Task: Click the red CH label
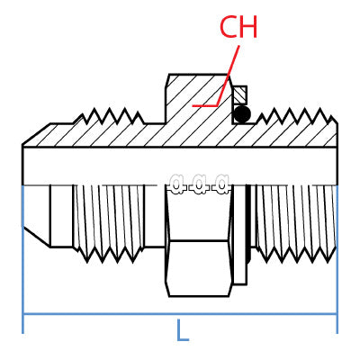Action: click(x=238, y=28)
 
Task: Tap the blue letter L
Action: click(x=183, y=331)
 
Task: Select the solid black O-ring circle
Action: click(x=241, y=113)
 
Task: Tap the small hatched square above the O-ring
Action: click(x=239, y=94)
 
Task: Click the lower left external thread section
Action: click(x=108, y=220)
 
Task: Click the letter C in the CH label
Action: click(x=229, y=28)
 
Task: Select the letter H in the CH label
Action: click(x=248, y=28)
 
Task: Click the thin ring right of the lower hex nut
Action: click(x=239, y=236)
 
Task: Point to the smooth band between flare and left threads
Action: click(x=61, y=216)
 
